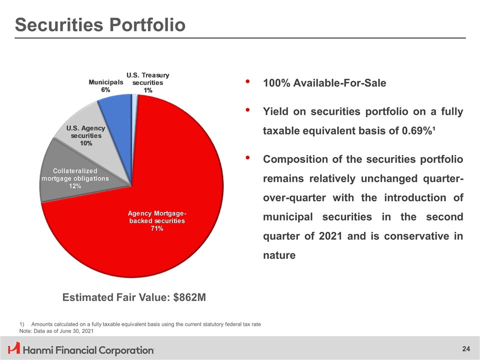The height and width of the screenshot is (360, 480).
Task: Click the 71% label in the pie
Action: (156, 229)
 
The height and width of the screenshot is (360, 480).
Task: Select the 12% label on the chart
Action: (75, 186)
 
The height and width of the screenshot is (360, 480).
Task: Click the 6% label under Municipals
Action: (105, 89)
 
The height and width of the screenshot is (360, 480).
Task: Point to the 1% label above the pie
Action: (148, 90)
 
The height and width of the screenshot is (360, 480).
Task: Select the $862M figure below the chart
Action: (189, 298)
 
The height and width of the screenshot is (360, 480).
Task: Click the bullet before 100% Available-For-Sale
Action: (248, 81)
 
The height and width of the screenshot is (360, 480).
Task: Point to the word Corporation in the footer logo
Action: (125, 349)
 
